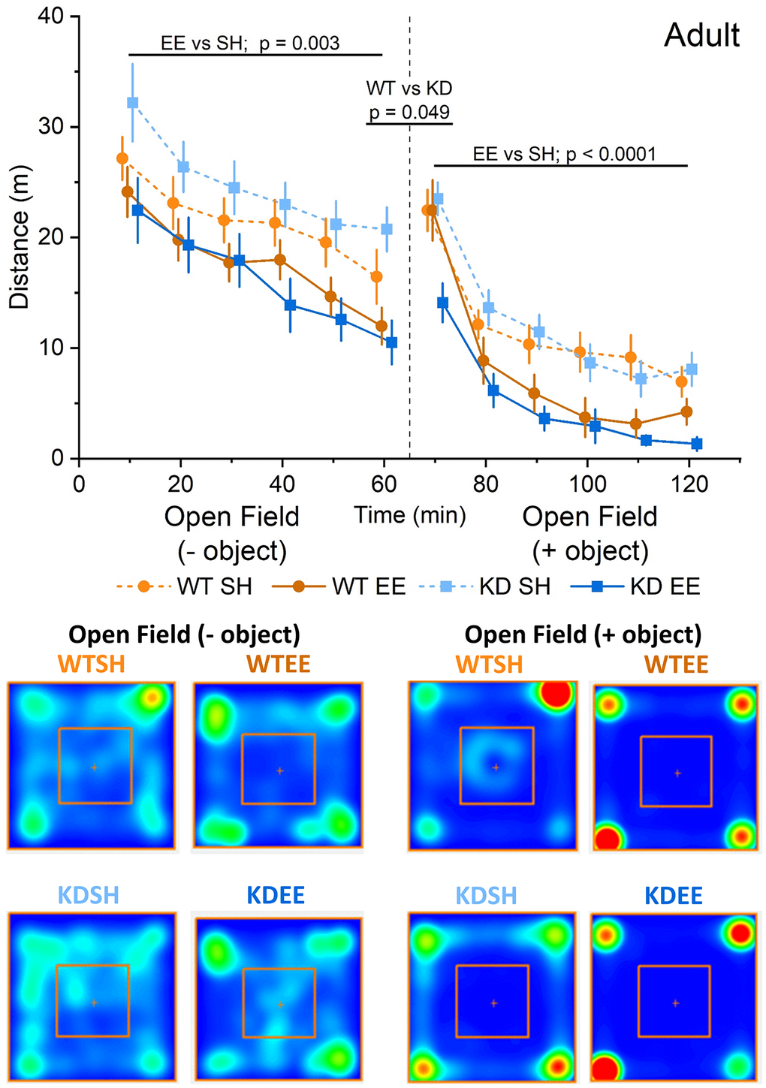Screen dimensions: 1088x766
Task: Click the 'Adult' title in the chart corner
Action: point(701,35)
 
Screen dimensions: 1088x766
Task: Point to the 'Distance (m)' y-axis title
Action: point(20,260)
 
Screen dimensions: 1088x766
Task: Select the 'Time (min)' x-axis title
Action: point(410,515)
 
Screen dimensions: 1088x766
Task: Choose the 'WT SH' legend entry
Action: point(214,586)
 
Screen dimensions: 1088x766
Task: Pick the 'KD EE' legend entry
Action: point(665,586)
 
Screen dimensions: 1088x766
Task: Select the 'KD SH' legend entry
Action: point(515,586)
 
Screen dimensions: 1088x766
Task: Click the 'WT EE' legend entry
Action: point(369,586)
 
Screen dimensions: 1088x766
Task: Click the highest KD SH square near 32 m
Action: point(132,102)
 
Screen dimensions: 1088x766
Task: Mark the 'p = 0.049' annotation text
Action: point(409,112)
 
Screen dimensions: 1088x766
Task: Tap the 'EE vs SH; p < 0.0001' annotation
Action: point(565,154)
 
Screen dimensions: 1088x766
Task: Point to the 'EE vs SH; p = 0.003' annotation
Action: point(250,44)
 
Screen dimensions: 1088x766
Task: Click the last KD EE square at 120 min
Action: point(696,444)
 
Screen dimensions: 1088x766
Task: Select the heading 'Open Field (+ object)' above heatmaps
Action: point(583,634)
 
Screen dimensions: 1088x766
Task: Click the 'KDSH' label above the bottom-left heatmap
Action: point(89,895)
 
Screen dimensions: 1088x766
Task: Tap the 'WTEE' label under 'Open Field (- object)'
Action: point(278,665)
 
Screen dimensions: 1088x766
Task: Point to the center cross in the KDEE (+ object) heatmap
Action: point(676,1002)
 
